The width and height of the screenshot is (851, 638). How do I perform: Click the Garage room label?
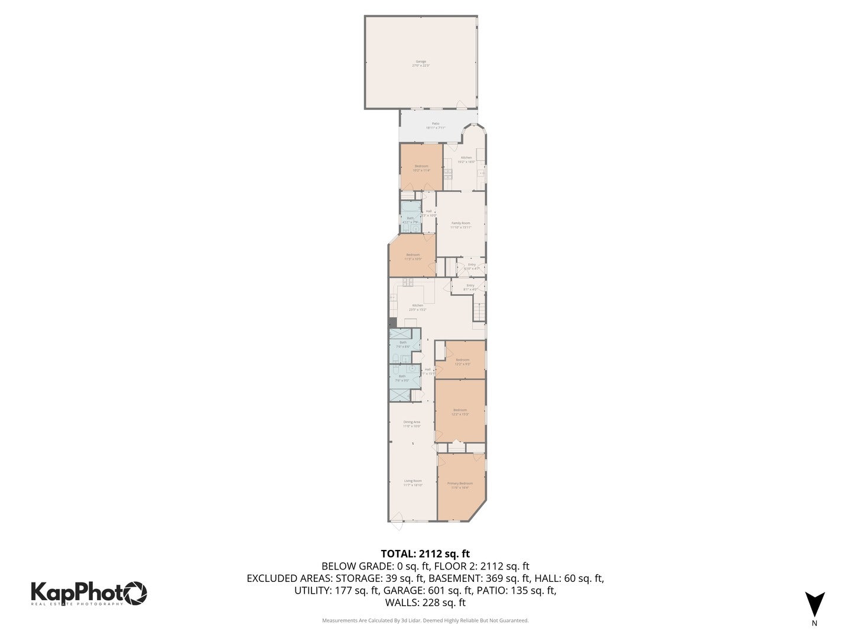click(421, 63)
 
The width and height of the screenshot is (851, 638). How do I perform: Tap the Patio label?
click(436, 125)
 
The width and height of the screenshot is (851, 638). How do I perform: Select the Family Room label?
click(461, 225)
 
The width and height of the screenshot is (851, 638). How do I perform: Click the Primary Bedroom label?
click(460, 486)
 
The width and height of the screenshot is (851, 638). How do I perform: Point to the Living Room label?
click(413, 483)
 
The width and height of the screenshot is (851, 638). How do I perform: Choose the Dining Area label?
click(412, 424)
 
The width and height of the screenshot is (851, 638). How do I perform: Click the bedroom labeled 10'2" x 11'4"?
click(421, 168)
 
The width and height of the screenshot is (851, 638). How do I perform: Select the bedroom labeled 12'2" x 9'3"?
click(462, 362)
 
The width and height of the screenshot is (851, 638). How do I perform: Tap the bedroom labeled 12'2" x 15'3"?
click(460, 412)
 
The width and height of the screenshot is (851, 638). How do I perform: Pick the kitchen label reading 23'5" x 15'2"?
click(417, 307)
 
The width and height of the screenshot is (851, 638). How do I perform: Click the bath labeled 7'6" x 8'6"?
click(403, 344)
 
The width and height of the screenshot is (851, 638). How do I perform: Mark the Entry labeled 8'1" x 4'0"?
click(470, 287)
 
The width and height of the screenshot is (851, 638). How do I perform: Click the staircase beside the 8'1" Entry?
click(479, 309)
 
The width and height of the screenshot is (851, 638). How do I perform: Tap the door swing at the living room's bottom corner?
click(395, 517)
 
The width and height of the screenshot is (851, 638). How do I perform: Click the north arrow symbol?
click(814, 604)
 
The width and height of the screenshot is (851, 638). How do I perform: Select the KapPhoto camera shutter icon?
click(135, 593)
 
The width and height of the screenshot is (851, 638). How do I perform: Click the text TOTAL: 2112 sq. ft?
click(425, 554)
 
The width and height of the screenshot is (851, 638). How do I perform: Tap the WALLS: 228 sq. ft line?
click(425, 603)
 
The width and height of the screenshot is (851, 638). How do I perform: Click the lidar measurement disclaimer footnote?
click(425, 620)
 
